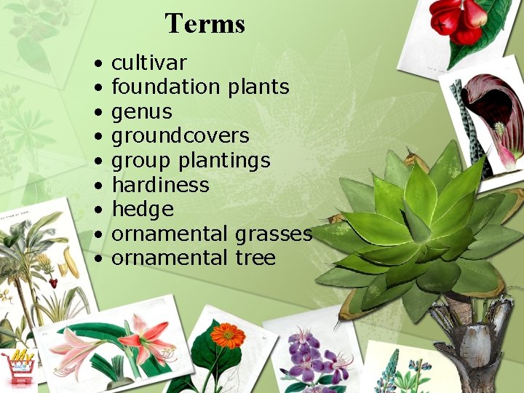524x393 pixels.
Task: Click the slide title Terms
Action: pyautogui.click(x=205, y=23)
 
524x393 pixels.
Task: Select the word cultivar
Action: pyautogui.click(x=148, y=63)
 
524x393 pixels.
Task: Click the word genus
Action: pyautogui.click(x=142, y=112)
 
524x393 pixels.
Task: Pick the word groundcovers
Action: pyautogui.click(x=180, y=136)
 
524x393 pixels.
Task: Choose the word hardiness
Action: pyautogui.click(x=160, y=185)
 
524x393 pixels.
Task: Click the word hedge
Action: pyautogui.click(x=143, y=210)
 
